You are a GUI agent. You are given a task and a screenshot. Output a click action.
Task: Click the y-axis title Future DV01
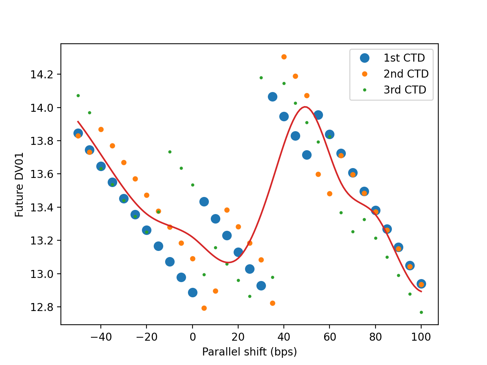(x=19, y=184)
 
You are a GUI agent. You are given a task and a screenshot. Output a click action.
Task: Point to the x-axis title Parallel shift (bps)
(x=249, y=352)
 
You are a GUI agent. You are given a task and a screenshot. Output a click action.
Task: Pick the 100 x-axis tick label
(x=421, y=337)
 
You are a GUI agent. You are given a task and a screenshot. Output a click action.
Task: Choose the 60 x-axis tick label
(x=329, y=337)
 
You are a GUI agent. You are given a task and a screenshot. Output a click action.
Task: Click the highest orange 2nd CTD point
(x=284, y=57)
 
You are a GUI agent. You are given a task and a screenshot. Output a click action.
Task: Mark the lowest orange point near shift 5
(x=204, y=308)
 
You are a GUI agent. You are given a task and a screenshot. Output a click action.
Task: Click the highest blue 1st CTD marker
(x=272, y=97)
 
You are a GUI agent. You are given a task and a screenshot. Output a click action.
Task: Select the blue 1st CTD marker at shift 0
(x=193, y=292)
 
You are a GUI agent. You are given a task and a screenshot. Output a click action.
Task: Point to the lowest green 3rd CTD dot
(x=421, y=312)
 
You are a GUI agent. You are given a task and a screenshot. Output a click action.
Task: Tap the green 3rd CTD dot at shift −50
(x=78, y=95)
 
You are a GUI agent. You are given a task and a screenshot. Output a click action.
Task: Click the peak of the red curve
(x=305, y=107)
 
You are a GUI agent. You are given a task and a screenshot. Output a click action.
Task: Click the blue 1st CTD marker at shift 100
(x=421, y=284)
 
